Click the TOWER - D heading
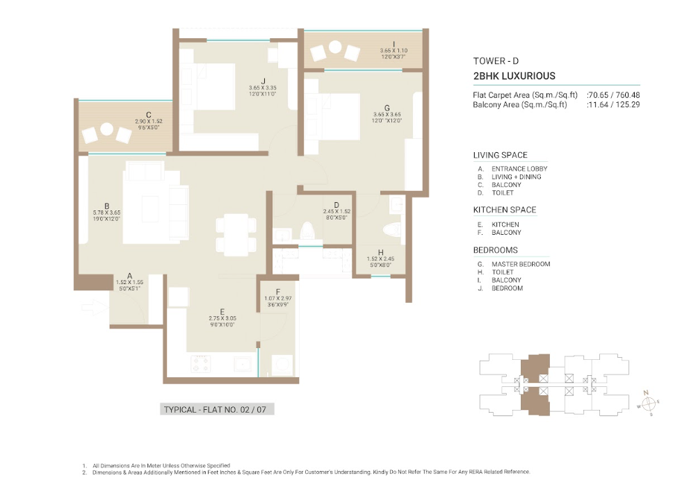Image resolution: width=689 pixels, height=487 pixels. [x=496, y=61]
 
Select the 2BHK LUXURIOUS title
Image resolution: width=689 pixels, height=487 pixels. [x=514, y=76]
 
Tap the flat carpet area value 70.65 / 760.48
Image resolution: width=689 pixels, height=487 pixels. [x=613, y=95]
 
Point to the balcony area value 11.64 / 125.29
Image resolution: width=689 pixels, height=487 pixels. [x=613, y=104]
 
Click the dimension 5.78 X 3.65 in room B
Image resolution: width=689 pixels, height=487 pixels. [x=107, y=213]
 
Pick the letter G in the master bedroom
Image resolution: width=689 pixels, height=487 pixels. [x=387, y=108]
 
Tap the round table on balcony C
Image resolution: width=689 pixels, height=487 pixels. [x=107, y=129]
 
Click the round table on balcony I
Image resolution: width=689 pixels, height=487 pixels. [x=335, y=47]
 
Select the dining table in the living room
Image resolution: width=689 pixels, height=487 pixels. [x=236, y=235]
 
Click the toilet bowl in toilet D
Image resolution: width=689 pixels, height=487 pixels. [x=307, y=231]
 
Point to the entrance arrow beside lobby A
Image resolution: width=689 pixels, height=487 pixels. [x=95, y=307]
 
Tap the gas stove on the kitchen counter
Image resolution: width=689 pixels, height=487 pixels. [x=200, y=363]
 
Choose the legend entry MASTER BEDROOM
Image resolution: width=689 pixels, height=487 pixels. [x=521, y=264]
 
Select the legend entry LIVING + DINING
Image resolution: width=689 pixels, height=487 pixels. [x=517, y=176]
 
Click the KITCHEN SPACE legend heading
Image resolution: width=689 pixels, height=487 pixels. [x=505, y=210]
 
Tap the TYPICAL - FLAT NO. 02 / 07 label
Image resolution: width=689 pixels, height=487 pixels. [x=215, y=410]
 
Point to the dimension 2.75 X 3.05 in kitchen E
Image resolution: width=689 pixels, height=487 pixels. [x=222, y=318]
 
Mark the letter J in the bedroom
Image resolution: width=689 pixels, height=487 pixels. [x=264, y=81]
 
